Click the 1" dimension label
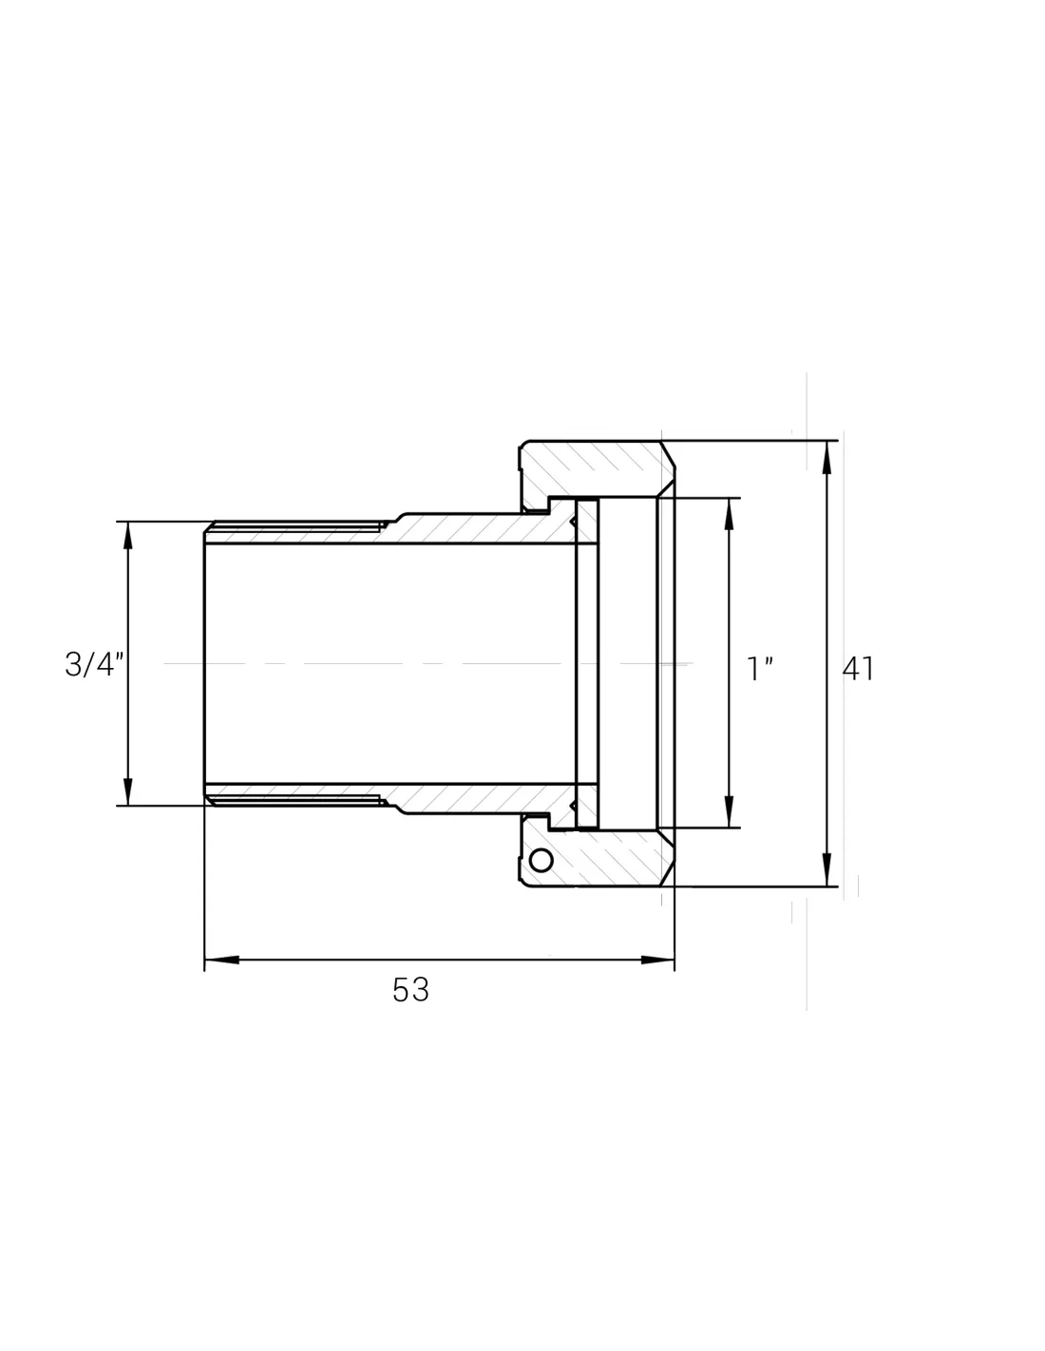click(x=760, y=669)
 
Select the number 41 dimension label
click(x=858, y=669)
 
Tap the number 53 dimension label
click(x=410, y=990)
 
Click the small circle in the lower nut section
click(x=541, y=861)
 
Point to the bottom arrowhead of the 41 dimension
click(x=826, y=869)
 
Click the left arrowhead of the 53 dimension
click(x=222, y=960)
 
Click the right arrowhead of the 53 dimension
click(x=657, y=960)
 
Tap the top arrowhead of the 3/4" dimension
click(x=128, y=538)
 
